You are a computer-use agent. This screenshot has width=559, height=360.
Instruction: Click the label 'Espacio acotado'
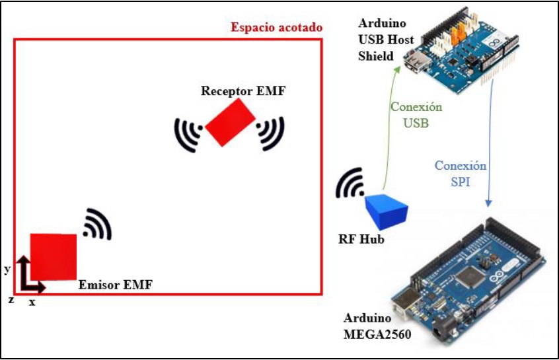pyautogui.click(x=277, y=28)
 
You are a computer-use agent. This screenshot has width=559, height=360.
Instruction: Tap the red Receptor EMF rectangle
pyautogui.click(x=230, y=122)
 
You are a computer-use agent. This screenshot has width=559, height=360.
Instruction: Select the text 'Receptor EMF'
pyautogui.click(x=243, y=90)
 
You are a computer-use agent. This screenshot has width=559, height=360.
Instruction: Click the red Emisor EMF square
pyautogui.click(x=54, y=256)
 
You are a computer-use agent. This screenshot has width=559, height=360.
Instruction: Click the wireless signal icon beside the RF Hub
pyautogui.click(x=350, y=184)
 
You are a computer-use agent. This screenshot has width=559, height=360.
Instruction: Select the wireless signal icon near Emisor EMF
pyautogui.click(x=98, y=225)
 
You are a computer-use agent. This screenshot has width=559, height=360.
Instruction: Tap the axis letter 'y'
pyautogui.click(x=7, y=269)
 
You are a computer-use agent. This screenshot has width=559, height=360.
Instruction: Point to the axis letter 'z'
pyautogui.click(x=11, y=299)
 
